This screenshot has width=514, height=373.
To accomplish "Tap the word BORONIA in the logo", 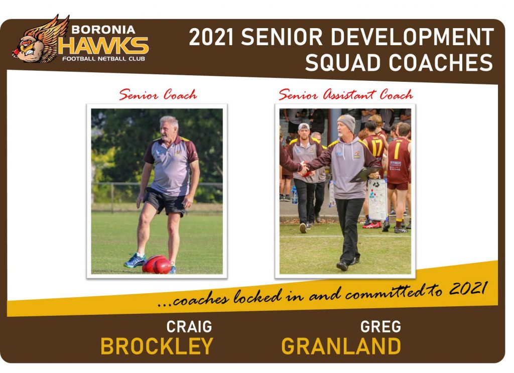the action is tap(103, 30).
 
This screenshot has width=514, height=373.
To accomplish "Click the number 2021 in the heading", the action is tap(211, 37).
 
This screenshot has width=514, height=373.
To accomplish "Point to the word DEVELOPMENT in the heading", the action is tap(412, 37).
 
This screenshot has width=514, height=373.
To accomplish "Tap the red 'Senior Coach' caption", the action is tap(158, 95).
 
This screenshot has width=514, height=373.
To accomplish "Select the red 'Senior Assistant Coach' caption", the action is tap(345, 94).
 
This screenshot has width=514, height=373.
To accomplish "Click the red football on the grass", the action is tap(157, 264).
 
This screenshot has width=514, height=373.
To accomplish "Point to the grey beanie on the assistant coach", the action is tap(347, 122).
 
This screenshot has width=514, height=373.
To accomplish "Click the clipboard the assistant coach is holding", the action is tap(364, 174).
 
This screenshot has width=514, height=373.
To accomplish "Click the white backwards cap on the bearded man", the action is tap(304, 127).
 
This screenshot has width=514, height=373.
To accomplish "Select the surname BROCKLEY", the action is tap(157, 346).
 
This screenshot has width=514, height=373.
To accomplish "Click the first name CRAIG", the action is tap(189, 326).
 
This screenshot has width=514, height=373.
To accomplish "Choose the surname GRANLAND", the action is tap(341, 346).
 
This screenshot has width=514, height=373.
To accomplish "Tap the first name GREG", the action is tap(380, 326).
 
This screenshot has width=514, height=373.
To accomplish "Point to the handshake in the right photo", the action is tap(305, 168).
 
